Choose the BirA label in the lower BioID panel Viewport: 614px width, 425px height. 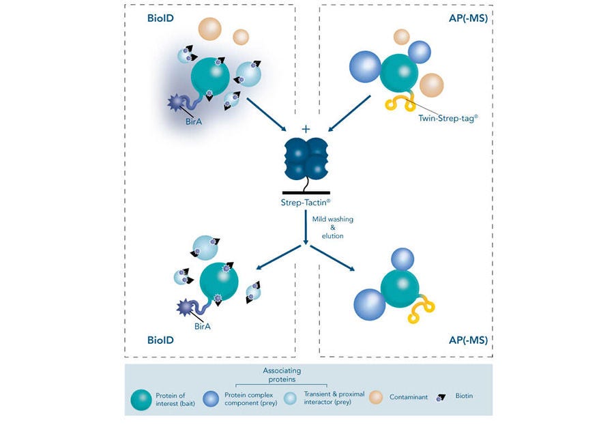(203, 326)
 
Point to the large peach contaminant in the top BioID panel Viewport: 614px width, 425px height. (209, 29)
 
